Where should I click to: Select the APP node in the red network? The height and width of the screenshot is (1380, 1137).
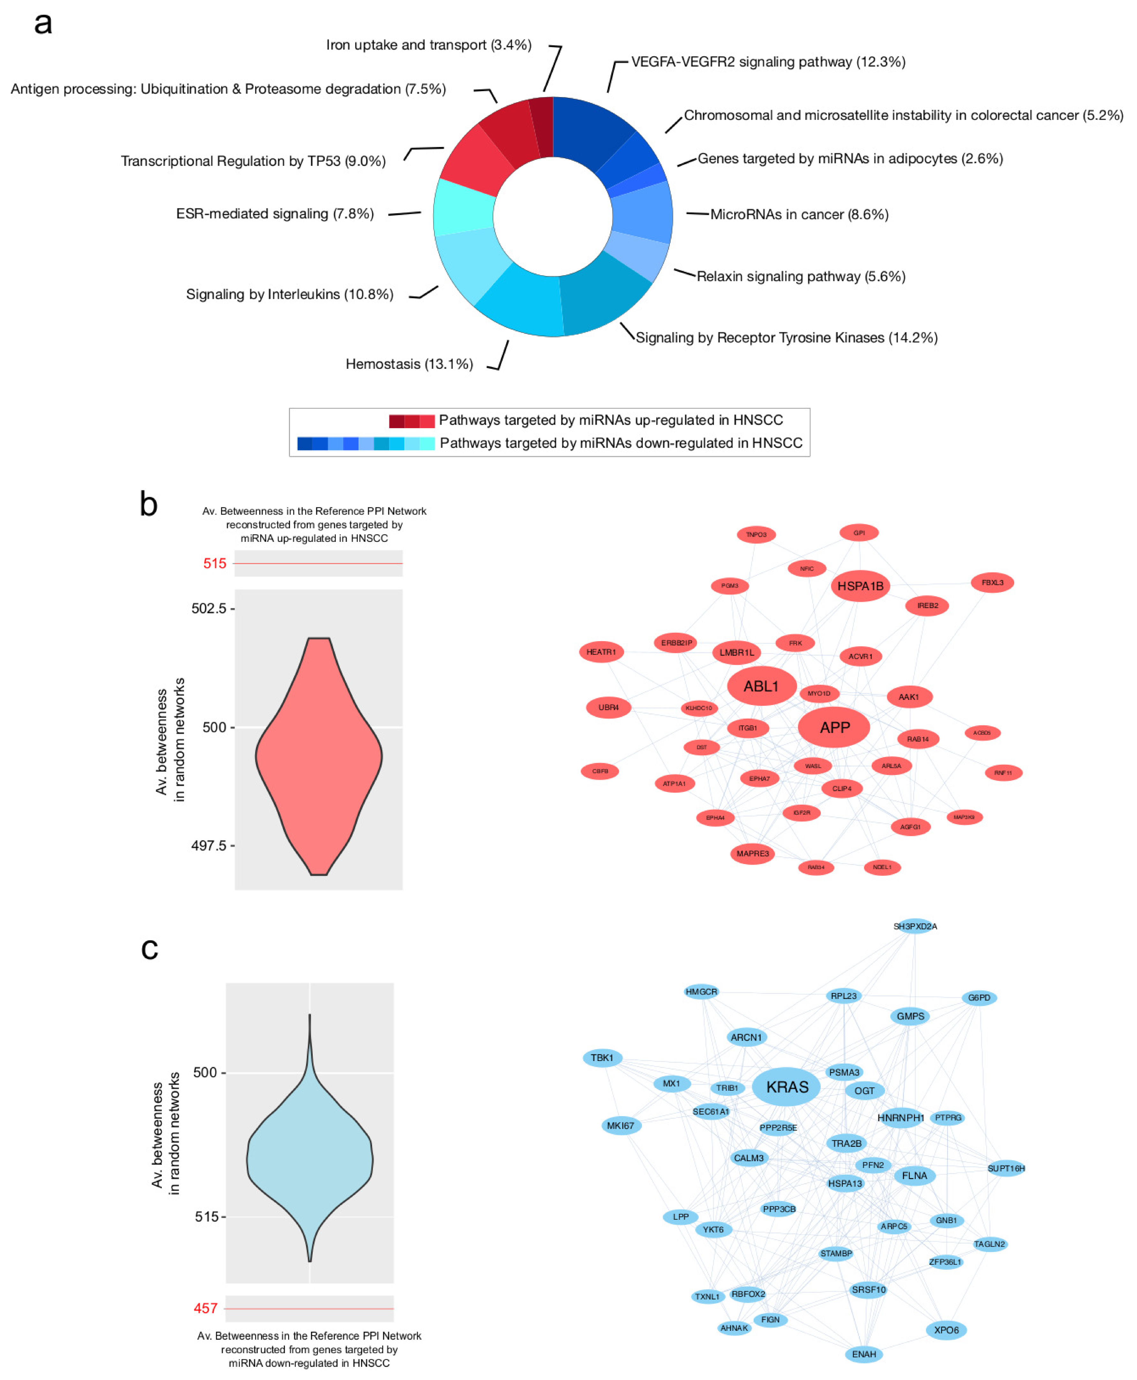point(834,727)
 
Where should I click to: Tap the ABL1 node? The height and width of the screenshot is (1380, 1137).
point(761,686)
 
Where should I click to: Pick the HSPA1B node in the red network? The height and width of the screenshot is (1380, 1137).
point(860,586)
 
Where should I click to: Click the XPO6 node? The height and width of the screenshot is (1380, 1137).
point(946,1330)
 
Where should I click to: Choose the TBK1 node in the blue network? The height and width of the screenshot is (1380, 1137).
point(602,1058)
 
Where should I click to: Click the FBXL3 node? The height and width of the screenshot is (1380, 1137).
point(991,582)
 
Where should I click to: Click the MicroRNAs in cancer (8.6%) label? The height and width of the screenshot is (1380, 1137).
point(799,214)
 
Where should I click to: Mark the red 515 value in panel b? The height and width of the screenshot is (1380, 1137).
point(214,564)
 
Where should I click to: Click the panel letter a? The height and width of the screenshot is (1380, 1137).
point(43,23)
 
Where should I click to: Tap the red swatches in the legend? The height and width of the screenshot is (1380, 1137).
point(411,421)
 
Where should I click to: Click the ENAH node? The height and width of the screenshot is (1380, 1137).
point(863,1354)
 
